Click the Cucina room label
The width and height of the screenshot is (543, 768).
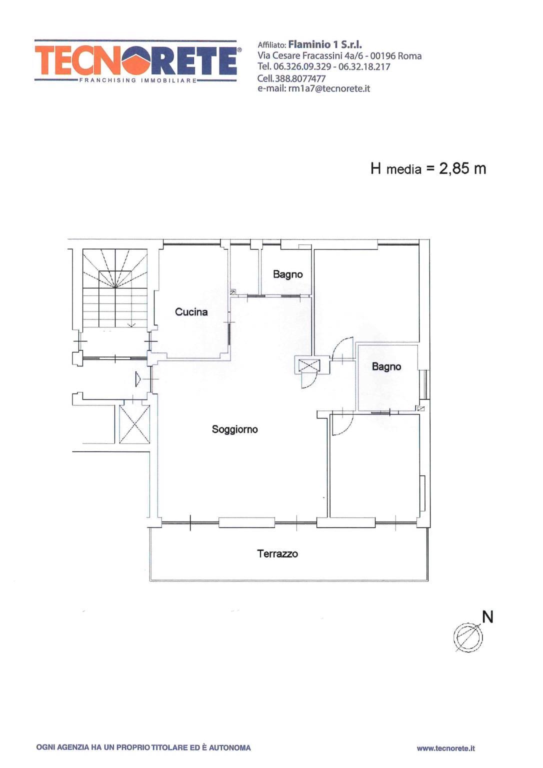click(x=191, y=311)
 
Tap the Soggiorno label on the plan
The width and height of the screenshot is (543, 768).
click(x=235, y=429)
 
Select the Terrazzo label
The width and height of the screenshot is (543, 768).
click(x=277, y=553)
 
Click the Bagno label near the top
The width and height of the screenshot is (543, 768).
click(x=288, y=274)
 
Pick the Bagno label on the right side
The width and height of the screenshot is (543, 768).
click(x=386, y=367)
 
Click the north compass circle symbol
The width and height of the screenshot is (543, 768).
click(x=468, y=637)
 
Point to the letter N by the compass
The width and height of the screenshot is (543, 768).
click(x=487, y=617)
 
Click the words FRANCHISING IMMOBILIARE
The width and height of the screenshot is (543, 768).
click(x=138, y=80)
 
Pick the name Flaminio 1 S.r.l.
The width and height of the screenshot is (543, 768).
click(x=325, y=44)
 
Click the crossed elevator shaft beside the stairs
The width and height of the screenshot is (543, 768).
click(x=134, y=424)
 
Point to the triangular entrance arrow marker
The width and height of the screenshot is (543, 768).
click(x=138, y=379)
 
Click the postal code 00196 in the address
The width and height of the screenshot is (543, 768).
click(x=383, y=56)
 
